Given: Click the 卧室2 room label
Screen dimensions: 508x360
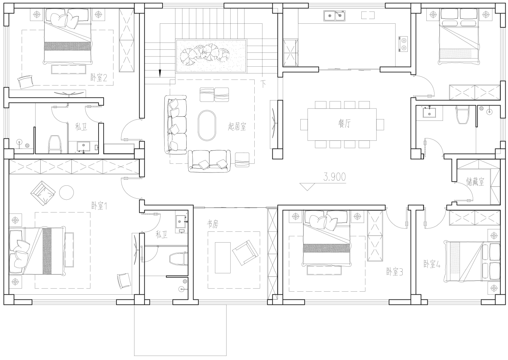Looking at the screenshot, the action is point(99,78).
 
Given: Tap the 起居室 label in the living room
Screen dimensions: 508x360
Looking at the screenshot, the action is point(237,127).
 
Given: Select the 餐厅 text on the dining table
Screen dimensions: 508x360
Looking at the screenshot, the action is point(344,123).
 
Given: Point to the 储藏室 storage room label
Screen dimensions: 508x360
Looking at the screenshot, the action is point(475,181).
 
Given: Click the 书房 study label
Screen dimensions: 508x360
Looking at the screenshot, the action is point(212,224).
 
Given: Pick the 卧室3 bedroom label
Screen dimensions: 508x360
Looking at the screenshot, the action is point(395,272).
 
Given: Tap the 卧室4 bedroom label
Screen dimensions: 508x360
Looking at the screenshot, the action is point(432,264).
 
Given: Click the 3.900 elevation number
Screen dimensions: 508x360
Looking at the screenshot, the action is point(335,177).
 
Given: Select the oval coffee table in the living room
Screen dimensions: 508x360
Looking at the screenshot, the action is point(207,126).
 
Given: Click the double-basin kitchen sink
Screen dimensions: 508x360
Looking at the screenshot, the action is point(335,16).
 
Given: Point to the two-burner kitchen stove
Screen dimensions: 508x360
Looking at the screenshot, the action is point(403,44).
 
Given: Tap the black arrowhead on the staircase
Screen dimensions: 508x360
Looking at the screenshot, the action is point(160,73).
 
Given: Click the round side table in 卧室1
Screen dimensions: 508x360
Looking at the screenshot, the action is point(66,192).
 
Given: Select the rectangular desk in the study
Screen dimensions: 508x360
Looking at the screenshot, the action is point(223,257).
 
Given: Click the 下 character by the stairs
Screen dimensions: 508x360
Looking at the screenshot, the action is point(263,84).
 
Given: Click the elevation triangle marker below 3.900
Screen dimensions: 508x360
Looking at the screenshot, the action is point(307,187).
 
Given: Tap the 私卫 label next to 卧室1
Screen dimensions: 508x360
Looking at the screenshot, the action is point(162,234).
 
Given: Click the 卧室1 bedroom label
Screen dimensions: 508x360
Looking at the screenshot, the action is point(99,206).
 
